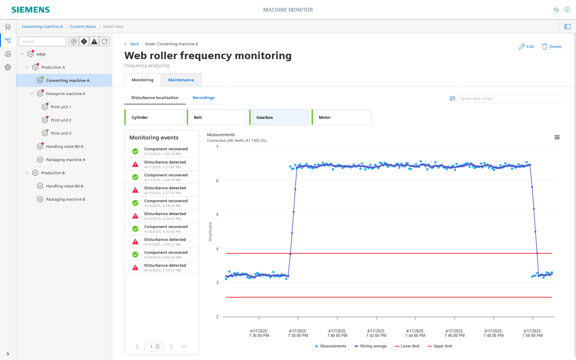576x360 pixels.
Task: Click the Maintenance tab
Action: coord(181,80)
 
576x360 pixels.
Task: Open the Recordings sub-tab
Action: coord(203,97)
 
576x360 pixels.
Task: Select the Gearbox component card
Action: coord(279,117)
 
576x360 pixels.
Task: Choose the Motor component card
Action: coord(341,117)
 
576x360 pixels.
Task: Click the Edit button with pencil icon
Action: coord(526,46)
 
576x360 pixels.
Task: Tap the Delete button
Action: coord(551,46)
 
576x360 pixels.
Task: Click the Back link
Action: coord(132,44)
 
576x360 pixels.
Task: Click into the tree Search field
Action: coord(43,41)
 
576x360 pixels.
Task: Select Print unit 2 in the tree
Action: coord(61,120)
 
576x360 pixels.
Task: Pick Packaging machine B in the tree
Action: coord(65,199)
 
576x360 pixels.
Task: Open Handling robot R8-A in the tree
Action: coord(65,146)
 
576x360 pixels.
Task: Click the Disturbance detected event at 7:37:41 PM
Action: coord(162,164)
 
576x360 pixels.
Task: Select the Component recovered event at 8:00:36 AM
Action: coord(162,255)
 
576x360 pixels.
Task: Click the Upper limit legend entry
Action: coord(439,346)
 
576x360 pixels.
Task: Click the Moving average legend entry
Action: coord(370,346)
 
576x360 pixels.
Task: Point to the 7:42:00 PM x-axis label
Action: coord(376,333)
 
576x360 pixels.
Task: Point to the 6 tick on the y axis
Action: coord(217,181)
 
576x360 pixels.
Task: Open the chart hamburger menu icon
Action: coord(557,137)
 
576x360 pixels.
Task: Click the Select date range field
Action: coord(510,98)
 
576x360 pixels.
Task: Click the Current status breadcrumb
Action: coord(83,26)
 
